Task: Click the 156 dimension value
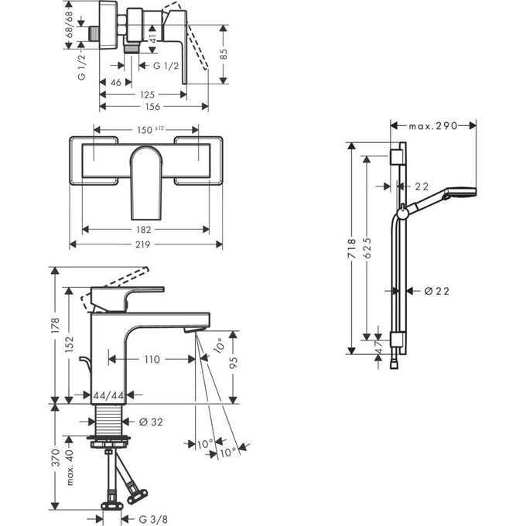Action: [154, 108]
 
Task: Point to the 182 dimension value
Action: [147, 229]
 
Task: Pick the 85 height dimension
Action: [224, 55]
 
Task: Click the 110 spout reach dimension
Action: [151, 359]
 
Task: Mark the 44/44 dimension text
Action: [108, 395]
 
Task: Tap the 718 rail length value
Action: [352, 247]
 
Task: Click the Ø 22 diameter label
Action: [437, 291]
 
